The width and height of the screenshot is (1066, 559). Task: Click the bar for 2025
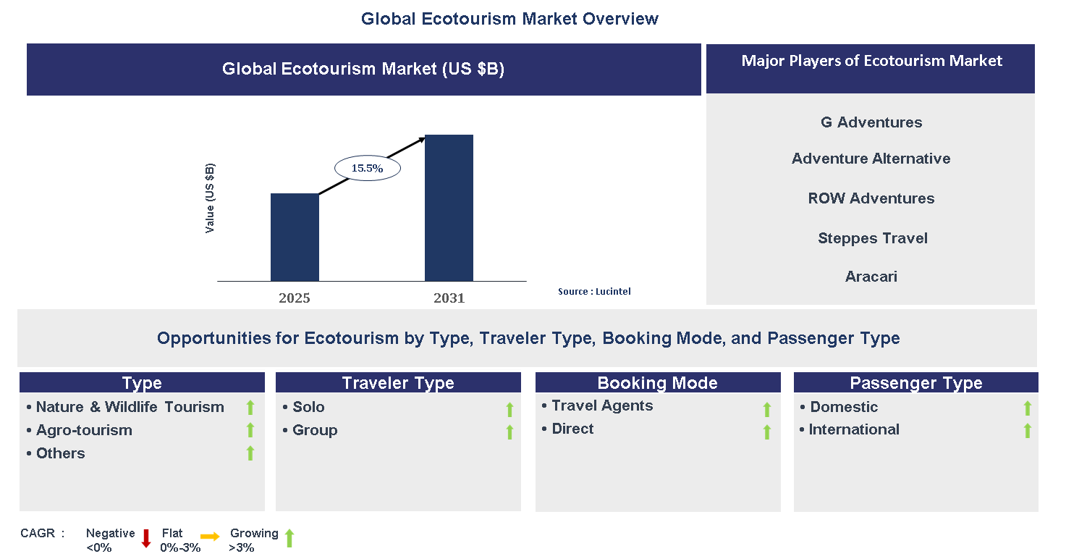click(295, 237)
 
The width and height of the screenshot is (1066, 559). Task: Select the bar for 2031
click(449, 208)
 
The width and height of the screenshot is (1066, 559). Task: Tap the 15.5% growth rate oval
click(367, 168)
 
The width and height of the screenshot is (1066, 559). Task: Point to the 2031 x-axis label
click(449, 298)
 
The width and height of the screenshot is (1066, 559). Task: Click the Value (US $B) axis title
click(210, 198)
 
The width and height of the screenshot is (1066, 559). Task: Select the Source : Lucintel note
click(593, 291)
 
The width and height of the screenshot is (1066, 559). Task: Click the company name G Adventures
click(871, 122)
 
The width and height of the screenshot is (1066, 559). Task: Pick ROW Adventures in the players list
click(871, 198)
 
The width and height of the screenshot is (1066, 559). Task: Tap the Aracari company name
click(871, 277)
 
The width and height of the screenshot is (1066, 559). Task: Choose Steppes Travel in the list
click(873, 238)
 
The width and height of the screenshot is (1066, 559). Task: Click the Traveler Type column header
click(398, 383)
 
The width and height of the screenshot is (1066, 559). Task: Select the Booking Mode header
click(657, 383)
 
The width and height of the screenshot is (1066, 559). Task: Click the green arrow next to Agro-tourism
click(250, 430)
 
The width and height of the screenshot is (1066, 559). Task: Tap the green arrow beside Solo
click(509, 410)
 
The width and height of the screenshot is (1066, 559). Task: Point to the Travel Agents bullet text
click(602, 405)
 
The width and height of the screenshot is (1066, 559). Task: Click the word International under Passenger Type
click(854, 429)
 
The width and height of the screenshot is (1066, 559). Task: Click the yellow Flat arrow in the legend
click(210, 537)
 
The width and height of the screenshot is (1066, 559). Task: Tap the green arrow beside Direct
click(767, 432)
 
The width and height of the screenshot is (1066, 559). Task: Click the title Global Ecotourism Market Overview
click(509, 19)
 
